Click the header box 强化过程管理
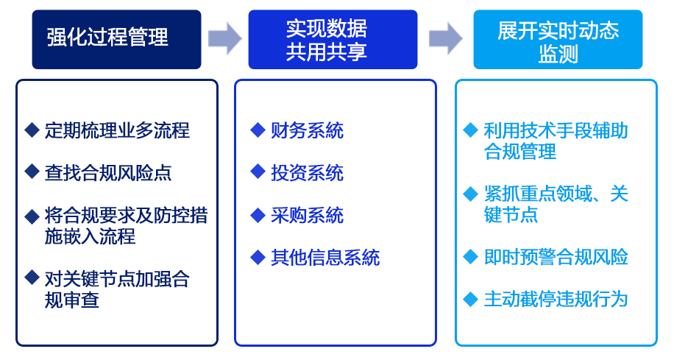[116, 38]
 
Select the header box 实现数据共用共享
[333, 39]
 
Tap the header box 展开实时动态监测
[558, 39]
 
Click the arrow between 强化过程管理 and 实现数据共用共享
[224, 38]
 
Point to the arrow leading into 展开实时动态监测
[445, 38]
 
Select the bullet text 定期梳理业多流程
[117, 131]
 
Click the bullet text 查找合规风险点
[108, 173]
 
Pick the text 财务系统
[307, 131]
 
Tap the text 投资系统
[307, 173]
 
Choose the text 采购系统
[307, 216]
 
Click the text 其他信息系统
[325, 258]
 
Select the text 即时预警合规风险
[556, 258]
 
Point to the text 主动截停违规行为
[556, 300]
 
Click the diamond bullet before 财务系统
[257, 130]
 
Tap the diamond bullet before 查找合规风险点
[32, 172]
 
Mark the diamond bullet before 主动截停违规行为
[471, 299]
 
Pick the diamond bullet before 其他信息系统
[257, 257]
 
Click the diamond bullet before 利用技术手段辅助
[471, 130]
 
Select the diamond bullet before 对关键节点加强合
[32, 278]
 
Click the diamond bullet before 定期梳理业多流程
[32, 130]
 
